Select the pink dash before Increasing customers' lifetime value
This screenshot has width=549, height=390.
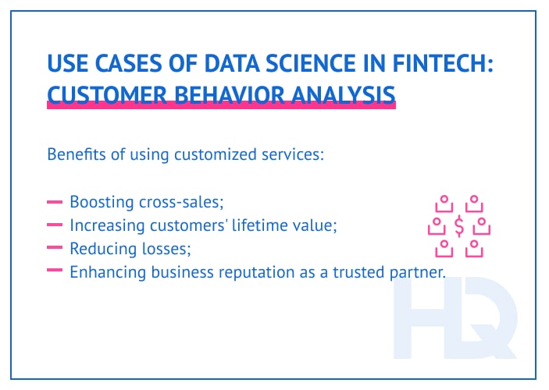[55, 225]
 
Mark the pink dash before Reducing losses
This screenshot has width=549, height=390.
[55, 249]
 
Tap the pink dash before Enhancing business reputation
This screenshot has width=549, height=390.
[55, 271]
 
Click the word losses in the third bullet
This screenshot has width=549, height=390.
[164, 249]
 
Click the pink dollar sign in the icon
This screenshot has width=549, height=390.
[458, 226]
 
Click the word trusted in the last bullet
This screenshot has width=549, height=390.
[367, 271]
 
